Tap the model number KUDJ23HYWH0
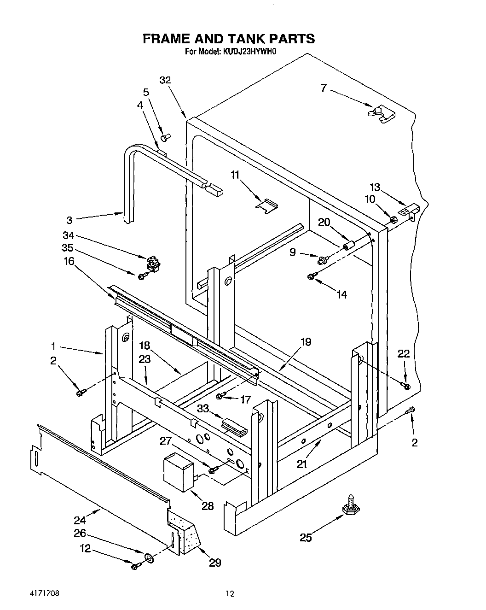[x=249, y=52]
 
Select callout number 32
[x=165, y=80]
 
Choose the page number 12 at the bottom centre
[x=230, y=594]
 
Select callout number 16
[x=69, y=261]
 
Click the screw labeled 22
[x=405, y=385]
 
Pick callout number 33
[x=203, y=409]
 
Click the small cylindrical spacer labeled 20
[x=349, y=245]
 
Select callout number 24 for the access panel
[x=80, y=521]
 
